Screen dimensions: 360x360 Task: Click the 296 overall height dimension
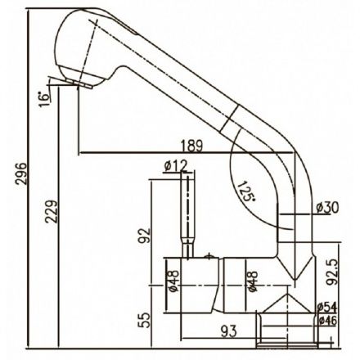21,174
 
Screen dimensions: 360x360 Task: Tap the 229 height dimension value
52,212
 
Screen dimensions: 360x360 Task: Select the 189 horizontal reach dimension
192,146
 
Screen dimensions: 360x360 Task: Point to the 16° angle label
44,100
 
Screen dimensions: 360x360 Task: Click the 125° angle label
245,191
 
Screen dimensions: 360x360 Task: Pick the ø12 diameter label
176,165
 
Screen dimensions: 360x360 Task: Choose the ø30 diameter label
327,208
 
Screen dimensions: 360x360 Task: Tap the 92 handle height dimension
144,236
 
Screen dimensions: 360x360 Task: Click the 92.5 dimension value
332,272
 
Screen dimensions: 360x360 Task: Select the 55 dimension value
144,320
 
